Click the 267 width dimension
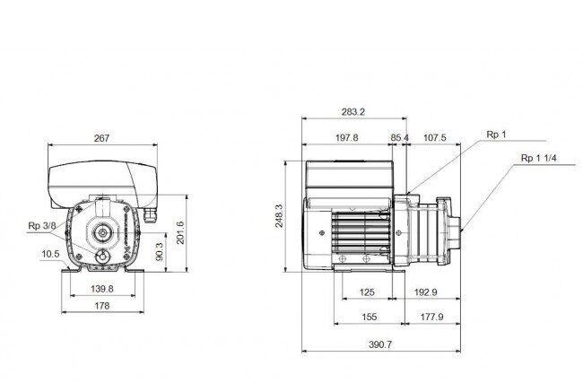pyautogui.click(x=101, y=138)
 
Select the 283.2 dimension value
pyautogui.click(x=353, y=112)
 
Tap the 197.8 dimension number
pyautogui.click(x=347, y=138)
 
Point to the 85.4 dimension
pyautogui.click(x=400, y=138)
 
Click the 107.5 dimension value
pyautogui.click(x=435, y=138)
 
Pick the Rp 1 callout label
pyautogui.click(x=496, y=135)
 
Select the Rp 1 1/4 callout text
pyautogui.click(x=539, y=158)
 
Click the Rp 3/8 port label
pyautogui.click(x=42, y=226)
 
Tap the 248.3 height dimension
pyautogui.click(x=279, y=216)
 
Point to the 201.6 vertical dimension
pyautogui.click(x=180, y=233)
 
